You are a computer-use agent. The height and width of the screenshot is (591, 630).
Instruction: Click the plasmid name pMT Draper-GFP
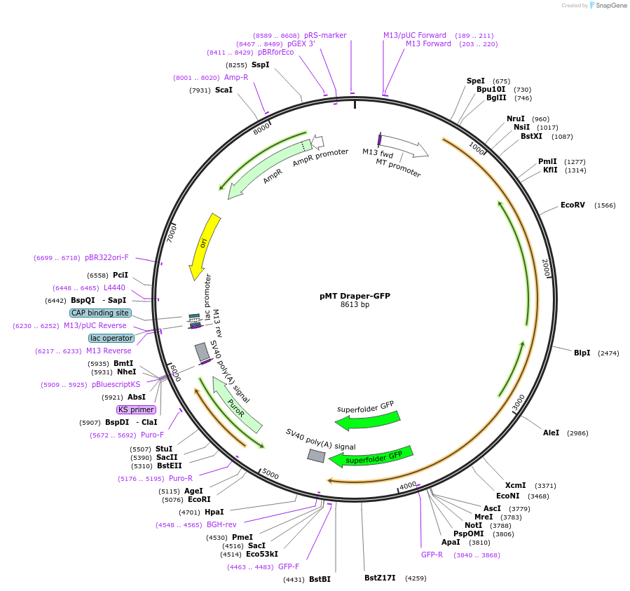(355, 296)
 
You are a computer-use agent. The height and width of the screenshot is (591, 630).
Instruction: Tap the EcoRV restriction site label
(573, 205)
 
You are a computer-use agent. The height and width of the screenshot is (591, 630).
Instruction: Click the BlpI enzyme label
(582, 353)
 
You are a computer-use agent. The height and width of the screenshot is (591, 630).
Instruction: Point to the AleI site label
(551, 433)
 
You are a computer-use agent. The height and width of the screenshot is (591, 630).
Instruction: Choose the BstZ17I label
(380, 578)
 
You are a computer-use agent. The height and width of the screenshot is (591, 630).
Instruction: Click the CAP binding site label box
(100, 313)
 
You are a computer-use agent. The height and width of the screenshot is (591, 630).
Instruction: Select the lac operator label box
(111, 338)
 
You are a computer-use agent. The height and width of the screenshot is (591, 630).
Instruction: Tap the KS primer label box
(136, 409)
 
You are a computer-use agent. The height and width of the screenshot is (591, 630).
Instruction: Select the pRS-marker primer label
(325, 35)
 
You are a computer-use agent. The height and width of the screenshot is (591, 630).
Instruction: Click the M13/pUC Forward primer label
(414, 35)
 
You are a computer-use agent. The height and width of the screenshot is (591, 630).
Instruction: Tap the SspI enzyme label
(260, 64)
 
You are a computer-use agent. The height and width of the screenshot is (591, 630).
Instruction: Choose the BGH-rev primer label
(221, 524)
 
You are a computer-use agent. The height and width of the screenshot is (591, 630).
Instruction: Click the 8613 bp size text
(355, 305)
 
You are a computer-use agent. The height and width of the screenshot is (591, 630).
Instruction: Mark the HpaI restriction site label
(214, 512)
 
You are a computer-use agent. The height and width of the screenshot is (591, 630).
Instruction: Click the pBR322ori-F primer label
(107, 257)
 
